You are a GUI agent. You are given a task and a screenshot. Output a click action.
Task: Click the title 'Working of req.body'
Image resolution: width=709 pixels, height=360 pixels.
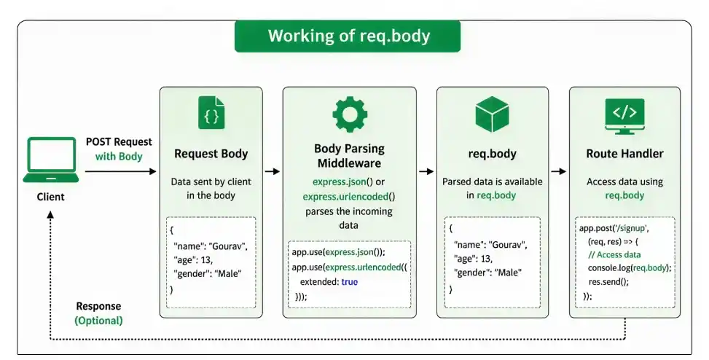[x=348, y=36]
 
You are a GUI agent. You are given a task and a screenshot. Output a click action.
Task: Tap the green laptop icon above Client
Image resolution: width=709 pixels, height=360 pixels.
[x=51, y=160]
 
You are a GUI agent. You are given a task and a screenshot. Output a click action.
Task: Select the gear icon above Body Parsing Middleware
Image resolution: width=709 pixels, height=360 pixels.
[x=350, y=114]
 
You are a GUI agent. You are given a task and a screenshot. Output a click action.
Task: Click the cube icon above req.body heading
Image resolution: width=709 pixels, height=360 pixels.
[x=492, y=114]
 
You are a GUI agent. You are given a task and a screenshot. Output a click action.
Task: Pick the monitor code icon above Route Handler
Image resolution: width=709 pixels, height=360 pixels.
[x=624, y=116]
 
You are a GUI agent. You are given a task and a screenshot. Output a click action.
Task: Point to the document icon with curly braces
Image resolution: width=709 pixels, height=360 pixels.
[x=211, y=113]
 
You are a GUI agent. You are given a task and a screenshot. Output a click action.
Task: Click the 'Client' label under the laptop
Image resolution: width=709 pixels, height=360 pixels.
[x=51, y=197]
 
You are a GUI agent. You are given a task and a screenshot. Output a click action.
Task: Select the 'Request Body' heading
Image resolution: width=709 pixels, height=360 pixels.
[x=211, y=154]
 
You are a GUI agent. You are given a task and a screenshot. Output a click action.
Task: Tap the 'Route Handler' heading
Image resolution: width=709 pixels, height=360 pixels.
[x=624, y=154]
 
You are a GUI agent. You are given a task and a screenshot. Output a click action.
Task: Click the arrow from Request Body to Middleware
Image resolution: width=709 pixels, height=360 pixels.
[x=273, y=171]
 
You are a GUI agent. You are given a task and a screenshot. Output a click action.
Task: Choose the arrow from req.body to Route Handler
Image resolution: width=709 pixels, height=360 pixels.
[x=558, y=171]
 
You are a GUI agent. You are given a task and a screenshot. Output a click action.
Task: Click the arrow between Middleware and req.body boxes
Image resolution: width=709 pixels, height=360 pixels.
[x=426, y=171]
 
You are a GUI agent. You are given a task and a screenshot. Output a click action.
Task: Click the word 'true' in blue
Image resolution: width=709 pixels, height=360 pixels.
[x=350, y=282]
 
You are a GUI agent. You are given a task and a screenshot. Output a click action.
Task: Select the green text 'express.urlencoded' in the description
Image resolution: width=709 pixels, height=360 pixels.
[x=345, y=197]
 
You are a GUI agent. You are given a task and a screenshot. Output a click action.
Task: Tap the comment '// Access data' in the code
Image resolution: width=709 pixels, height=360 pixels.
[x=614, y=254]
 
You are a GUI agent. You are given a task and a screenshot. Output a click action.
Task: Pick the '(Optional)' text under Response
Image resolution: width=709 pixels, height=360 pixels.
[x=98, y=321]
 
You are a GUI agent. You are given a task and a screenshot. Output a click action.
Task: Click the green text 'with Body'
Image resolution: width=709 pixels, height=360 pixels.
[x=119, y=157]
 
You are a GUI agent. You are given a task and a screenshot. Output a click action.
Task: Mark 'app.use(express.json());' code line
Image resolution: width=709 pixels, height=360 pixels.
[x=339, y=252]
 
